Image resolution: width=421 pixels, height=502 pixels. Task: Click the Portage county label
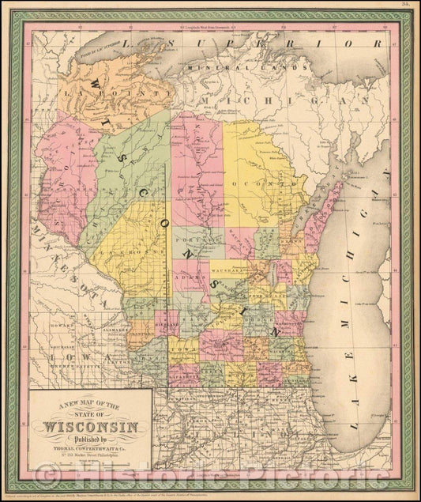coord(188,240)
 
